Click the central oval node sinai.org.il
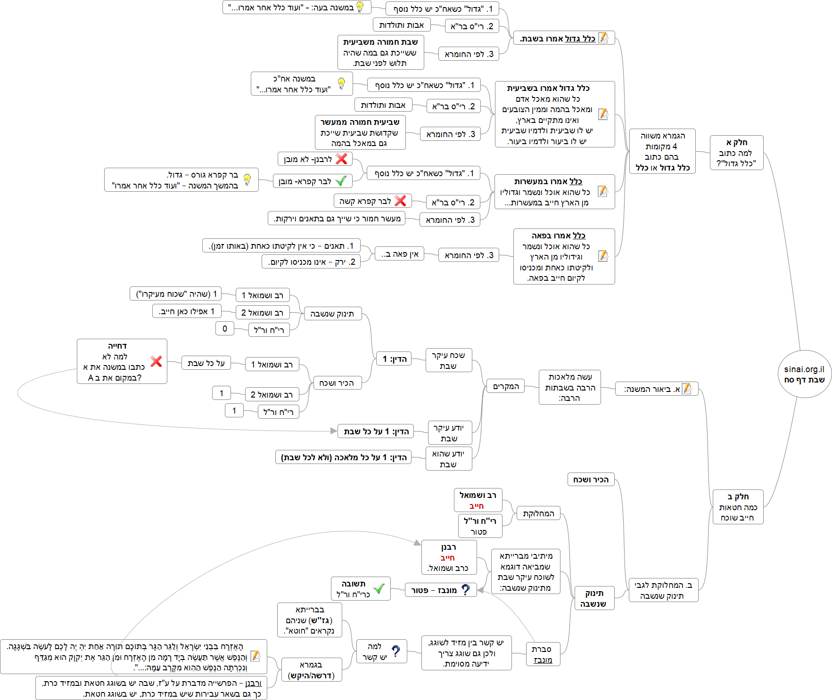click(x=804, y=374)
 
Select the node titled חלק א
click(x=736, y=152)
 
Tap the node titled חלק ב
click(x=738, y=506)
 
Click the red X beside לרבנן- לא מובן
click(x=341, y=159)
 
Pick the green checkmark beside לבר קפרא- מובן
click(x=341, y=181)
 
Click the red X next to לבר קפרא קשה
click(x=400, y=201)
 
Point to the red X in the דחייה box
click(x=156, y=361)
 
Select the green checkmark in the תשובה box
click(x=379, y=588)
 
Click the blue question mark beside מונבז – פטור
click(x=465, y=590)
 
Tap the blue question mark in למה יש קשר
click(x=396, y=651)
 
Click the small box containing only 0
click(x=225, y=328)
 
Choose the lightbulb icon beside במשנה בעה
click(x=360, y=7)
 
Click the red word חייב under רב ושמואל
click(x=477, y=506)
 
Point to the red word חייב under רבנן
click(x=448, y=558)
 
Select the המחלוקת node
click(x=538, y=513)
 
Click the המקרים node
click(x=506, y=386)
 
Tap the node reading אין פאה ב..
click(x=400, y=254)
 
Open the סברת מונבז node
click(x=543, y=655)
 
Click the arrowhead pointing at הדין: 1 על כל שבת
click(x=334, y=431)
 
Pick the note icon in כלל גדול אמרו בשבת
click(x=603, y=38)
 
